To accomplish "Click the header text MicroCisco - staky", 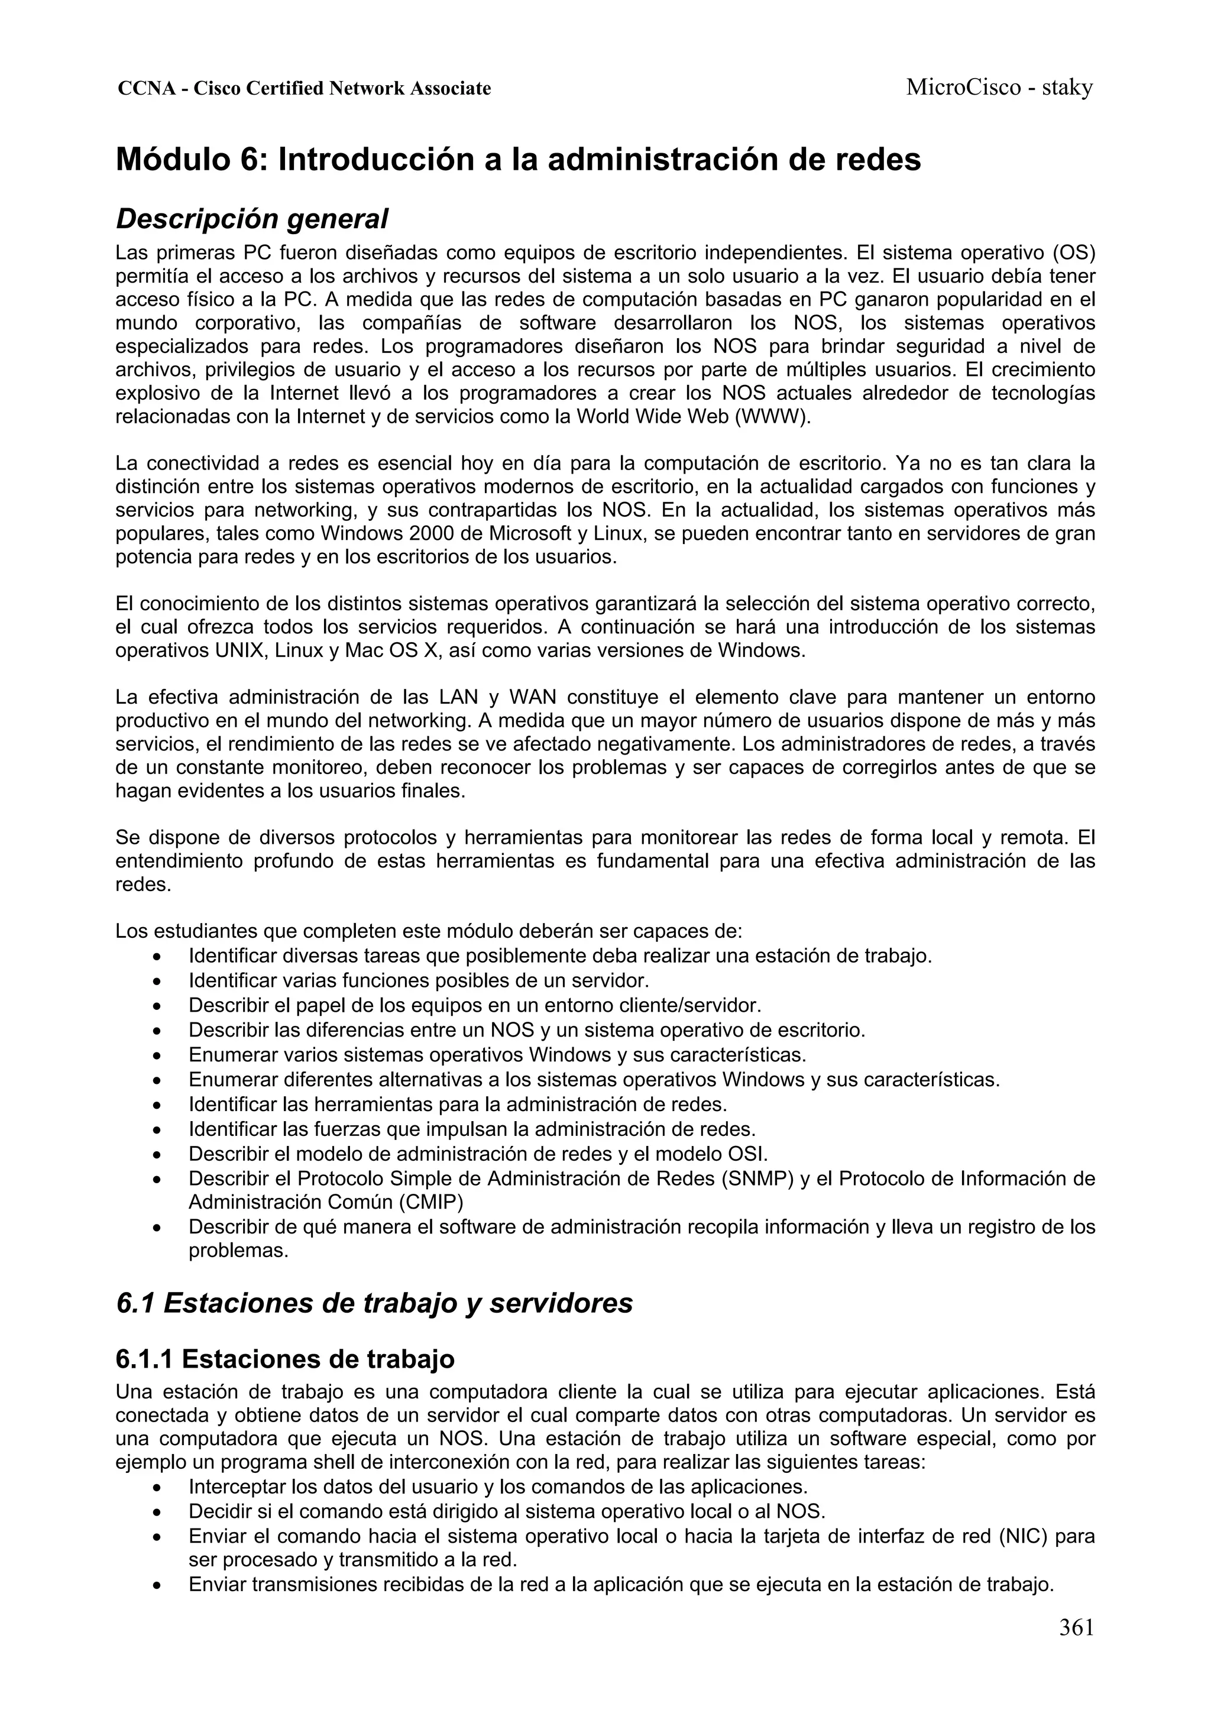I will pyautogui.click(x=999, y=88).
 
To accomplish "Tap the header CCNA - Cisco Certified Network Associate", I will pyautogui.click(x=305, y=89).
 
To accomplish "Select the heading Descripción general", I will pyautogui.click(x=252, y=219).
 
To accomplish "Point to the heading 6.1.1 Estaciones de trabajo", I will pyautogui.click(x=285, y=1359).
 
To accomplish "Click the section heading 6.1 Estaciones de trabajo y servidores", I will pyautogui.click(x=374, y=1303).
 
